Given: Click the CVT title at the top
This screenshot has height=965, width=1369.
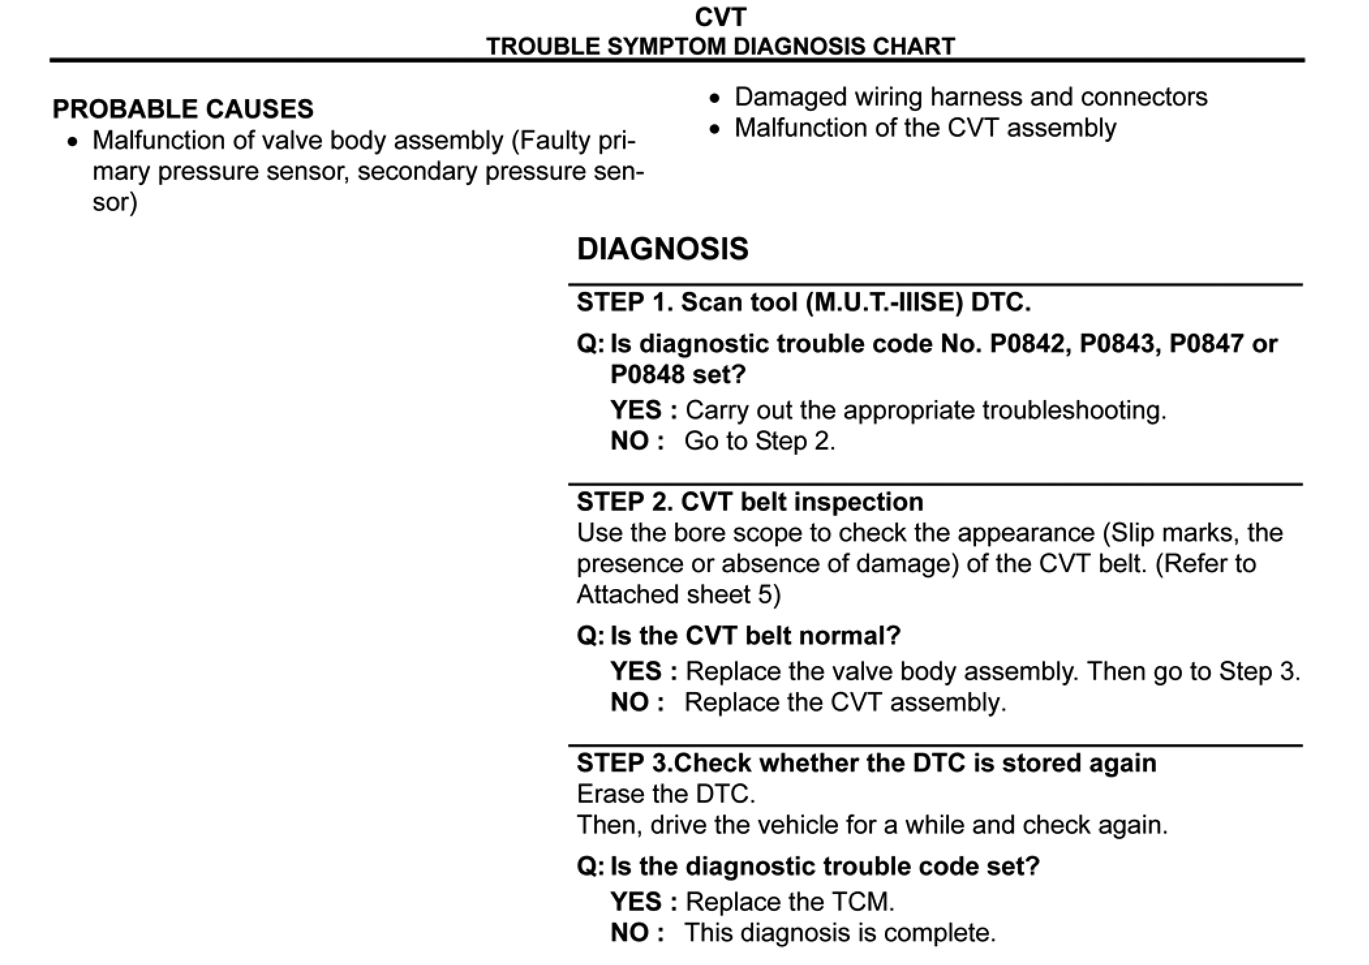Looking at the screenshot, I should point(719,17).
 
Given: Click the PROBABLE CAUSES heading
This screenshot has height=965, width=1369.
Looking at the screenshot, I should point(182,109).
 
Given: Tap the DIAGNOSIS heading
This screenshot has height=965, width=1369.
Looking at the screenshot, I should point(663,249).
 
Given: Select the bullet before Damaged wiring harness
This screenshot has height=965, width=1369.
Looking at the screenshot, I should point(715,99).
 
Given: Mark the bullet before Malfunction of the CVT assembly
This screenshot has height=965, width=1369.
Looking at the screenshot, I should point(715,130).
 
